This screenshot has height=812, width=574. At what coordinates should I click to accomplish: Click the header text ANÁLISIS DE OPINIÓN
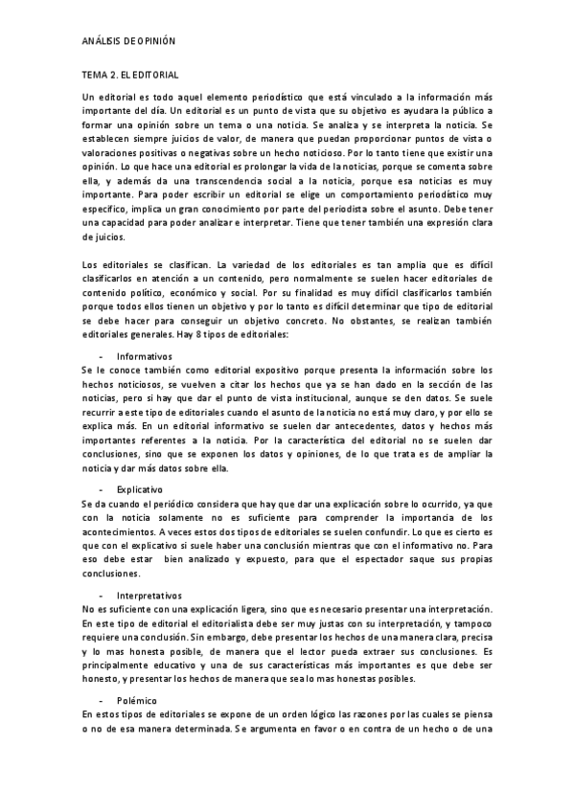[x=127, y=42]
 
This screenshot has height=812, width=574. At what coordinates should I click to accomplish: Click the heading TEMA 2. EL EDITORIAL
[x=131, y=74]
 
